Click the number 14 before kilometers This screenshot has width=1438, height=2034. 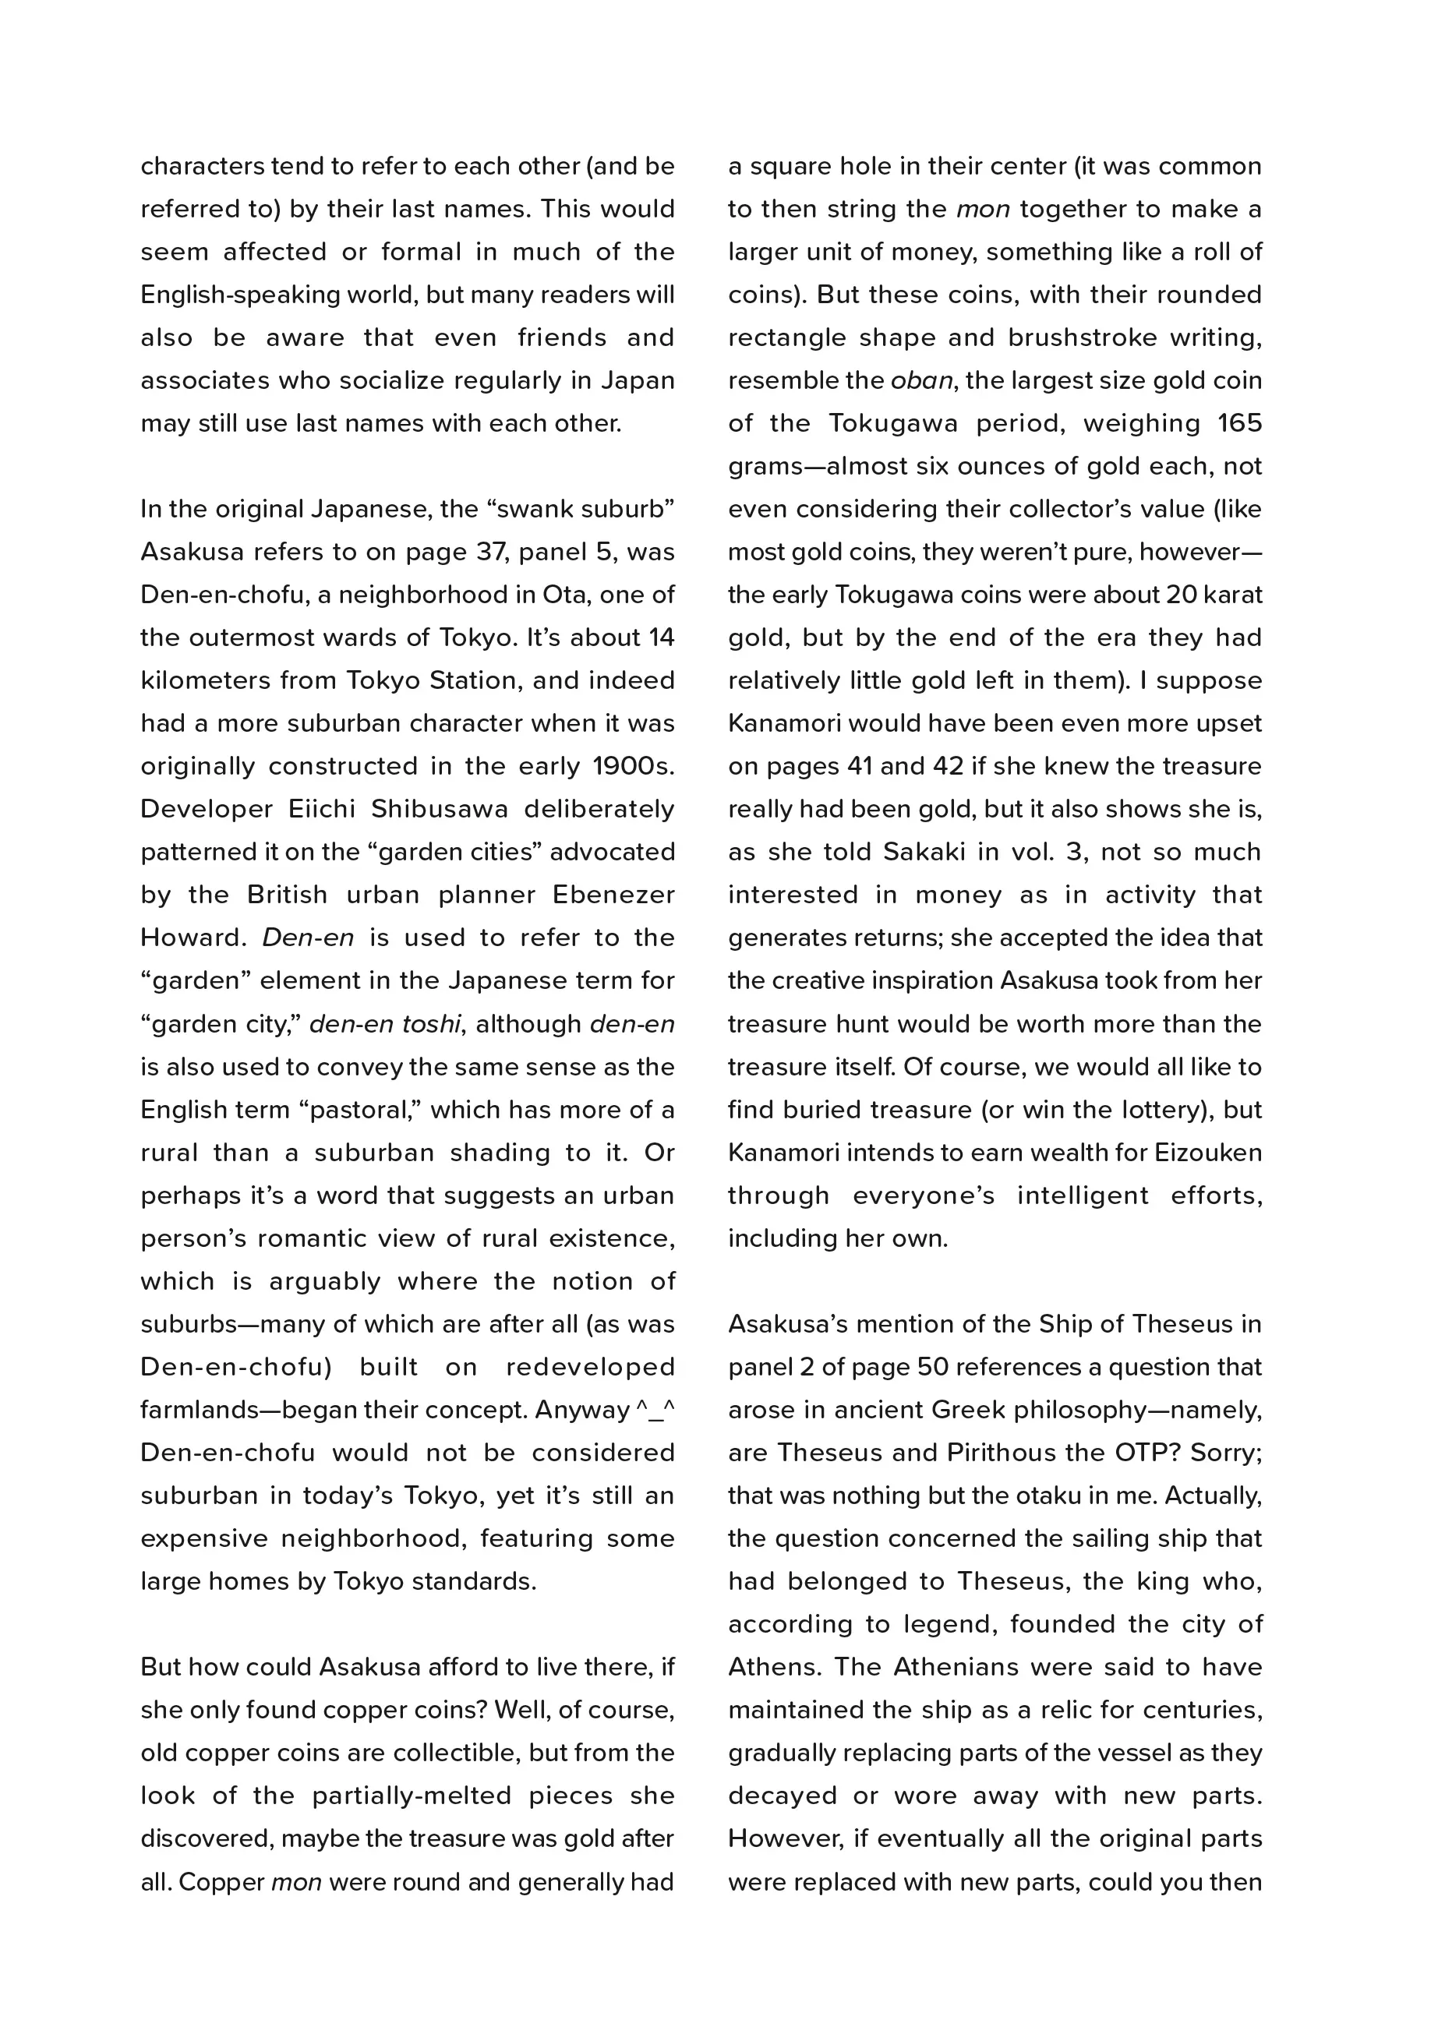661,637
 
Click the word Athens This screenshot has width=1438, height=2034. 766,1667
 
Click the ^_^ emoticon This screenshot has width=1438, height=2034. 655,1411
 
